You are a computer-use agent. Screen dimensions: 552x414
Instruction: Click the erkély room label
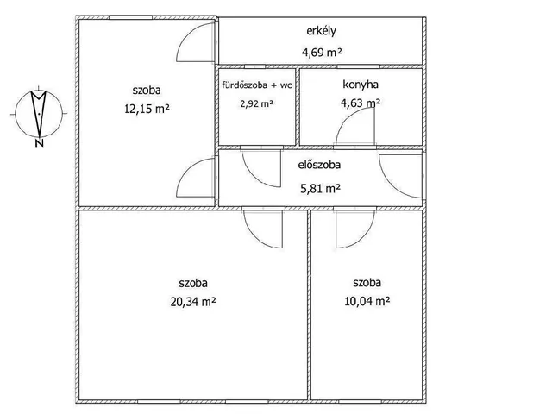point(321,31)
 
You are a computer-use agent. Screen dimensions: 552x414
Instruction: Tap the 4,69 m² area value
point(322,52)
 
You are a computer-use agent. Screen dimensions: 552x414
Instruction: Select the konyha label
point(361,85)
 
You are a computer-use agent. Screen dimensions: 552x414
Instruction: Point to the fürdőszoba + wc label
point(257,85)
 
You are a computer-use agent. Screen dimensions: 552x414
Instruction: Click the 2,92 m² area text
point(257,103)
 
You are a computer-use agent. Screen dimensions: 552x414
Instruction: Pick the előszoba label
point(319,165)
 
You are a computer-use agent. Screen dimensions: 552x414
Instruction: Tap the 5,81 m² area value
point(320,189)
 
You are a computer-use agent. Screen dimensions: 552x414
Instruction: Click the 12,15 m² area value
point(147,109)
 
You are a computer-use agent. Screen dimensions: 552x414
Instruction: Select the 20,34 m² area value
point(193,302)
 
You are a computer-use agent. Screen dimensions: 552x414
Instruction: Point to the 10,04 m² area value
point(367,301)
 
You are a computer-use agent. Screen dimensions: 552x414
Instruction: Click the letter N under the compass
point(40,143)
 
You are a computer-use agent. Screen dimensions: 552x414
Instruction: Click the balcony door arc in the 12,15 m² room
point(188,33)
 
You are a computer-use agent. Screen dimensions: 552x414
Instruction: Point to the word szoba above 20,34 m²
point(193,283)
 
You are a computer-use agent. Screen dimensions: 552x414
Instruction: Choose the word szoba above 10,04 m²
point(367,282)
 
